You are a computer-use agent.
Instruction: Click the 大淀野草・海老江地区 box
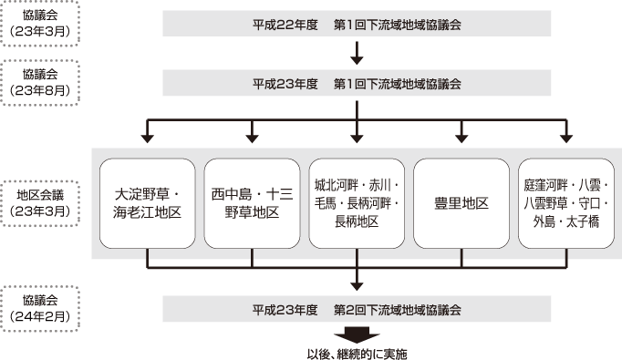[x=147, y=203]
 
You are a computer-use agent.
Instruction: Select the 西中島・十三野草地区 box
[x=252, y=203]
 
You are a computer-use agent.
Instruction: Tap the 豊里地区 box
[x=461, y=203]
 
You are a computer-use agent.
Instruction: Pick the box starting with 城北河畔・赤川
[x=357, y=203]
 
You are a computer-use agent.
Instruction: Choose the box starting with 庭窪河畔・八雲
[x=566, y=203]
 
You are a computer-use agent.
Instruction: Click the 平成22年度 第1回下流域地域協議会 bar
[x=357, y=24]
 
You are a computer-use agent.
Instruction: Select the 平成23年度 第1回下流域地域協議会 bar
[x=357, y=84]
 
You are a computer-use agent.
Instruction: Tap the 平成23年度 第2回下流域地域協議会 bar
[x=357, y=308]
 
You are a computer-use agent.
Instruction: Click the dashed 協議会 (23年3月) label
[x=40, y=24]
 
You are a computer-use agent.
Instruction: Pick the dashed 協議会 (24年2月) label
[x=40, y=308]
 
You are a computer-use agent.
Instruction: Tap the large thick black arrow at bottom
[x=357, y=332]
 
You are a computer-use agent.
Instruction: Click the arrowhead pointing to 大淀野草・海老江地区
[x=147, y=138]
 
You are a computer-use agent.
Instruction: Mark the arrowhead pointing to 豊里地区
[x=461, y=138]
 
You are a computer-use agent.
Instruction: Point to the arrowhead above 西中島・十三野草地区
[x=252, y=138]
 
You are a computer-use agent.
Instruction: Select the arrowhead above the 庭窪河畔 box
[x=566, y=138]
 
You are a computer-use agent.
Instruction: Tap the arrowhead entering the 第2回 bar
[x=357, y=285]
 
